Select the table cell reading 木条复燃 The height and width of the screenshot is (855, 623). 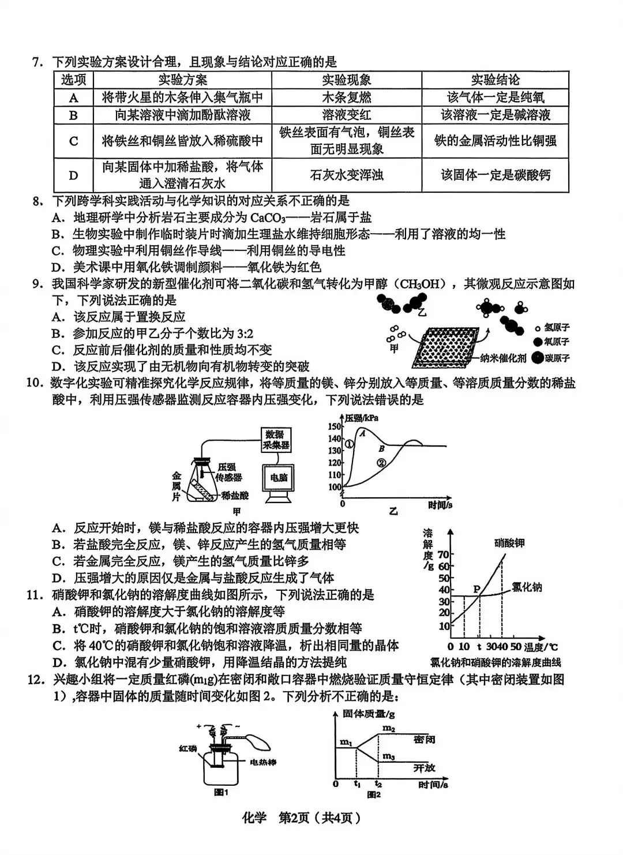[x=346, y=97]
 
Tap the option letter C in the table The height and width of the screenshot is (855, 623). [x=73, y=141]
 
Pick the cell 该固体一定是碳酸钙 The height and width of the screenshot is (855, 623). [x=495, y=175]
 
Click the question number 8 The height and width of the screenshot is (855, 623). [x=38, y=201]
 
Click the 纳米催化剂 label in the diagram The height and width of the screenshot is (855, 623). [x=504, y=358]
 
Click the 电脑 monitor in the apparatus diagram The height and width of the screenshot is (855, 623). [x=279, y=477]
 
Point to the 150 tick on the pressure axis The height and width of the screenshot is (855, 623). [x=335, y=426]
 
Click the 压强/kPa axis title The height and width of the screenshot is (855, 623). [x=362, y=418]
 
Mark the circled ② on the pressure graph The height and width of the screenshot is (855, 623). [x=381, y=462]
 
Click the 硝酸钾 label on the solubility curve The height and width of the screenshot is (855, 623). [x=509, y=543]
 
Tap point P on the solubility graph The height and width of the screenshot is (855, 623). [x=477, y=589]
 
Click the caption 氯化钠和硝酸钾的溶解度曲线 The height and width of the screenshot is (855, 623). [x=496, y=662]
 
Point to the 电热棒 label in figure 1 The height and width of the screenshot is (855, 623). [x=262, y=762]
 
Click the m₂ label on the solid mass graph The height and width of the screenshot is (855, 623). [x=388, y=729]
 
